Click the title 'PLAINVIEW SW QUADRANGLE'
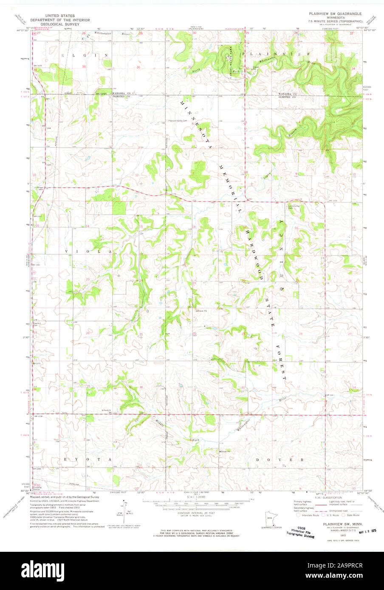pyautogui.click(x=335, y=14)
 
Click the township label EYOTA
pyautogui.click(x=88, y=460)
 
